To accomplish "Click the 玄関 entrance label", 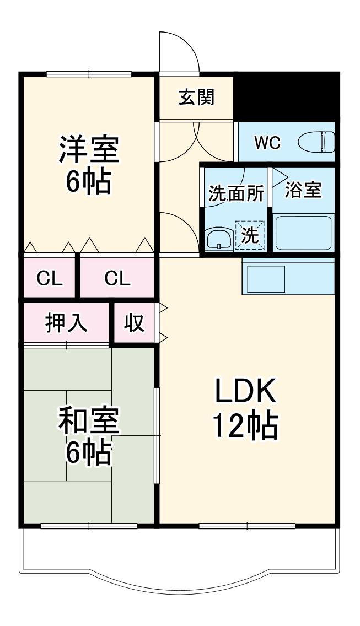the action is click(196, 97).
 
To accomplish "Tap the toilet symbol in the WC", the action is click(316, 142).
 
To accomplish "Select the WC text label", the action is click(268, 143).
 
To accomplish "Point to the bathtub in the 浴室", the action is click(303, 233).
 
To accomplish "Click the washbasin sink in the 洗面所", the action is click(219, 240).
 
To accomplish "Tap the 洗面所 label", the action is click(237, 194).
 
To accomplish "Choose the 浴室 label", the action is click(303, 190).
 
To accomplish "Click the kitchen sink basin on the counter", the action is click(266, 279).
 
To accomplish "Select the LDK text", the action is click(245, 391).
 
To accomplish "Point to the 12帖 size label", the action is click(245, 426).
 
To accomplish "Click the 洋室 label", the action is click(89, 150).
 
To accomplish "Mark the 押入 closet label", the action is click(66, 322).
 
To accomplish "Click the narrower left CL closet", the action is click(50, 278).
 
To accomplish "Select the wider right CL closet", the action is click(117, 278).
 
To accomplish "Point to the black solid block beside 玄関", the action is click(287, 96).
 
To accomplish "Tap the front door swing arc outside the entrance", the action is click(188, 43).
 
